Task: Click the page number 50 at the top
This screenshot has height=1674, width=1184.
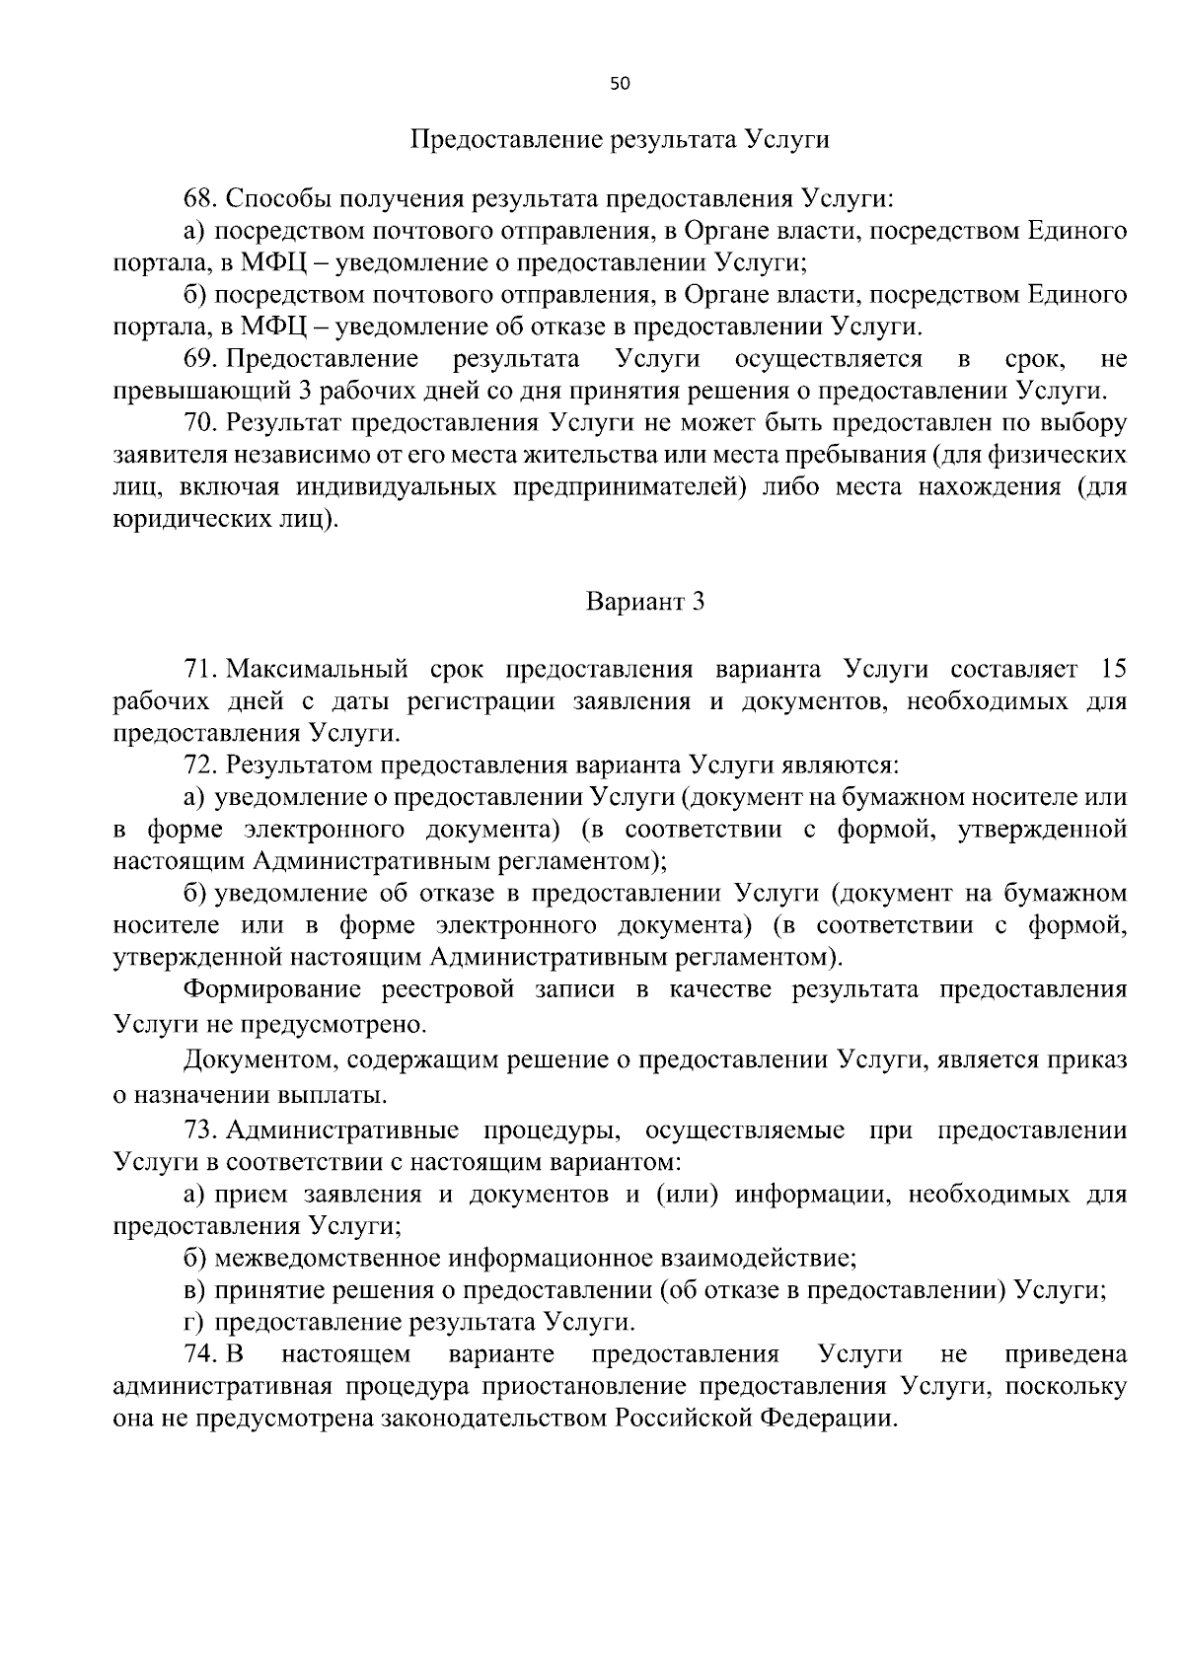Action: click(620, 84)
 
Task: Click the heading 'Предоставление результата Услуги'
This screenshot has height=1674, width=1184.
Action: click(620, 139)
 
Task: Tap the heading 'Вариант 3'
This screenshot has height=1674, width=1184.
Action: click(645, 601)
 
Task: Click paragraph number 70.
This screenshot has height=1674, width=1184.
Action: click(201, 423)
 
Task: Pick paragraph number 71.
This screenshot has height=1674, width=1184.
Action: click(201, 670)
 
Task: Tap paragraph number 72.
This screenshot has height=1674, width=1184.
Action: click(201, 764)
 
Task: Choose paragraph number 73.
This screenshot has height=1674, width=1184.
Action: click(201, 1129)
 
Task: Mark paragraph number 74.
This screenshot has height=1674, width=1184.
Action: click(201, 1353)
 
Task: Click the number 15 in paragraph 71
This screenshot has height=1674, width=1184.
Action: click(1112, 670)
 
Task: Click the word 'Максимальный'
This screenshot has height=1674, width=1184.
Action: click(317, 670)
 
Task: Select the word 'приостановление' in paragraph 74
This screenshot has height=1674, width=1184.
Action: click(587, 1386)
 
